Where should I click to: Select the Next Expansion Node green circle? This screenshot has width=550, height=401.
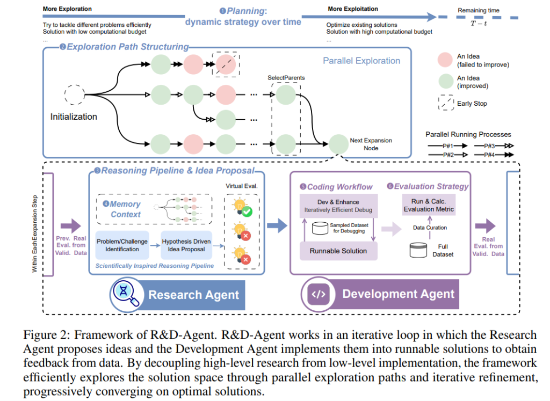(x=338, y=144)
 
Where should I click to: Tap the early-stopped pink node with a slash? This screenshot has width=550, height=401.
(x=226, y=64)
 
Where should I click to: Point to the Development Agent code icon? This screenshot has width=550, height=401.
(x=319, y=294)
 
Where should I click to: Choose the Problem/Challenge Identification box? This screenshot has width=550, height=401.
(x=122, y=245)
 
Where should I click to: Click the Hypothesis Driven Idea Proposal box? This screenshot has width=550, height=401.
(x=186, y=245)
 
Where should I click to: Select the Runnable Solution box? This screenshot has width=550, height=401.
(x=338, y=251)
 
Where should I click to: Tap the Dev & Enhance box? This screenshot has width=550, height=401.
(x=338, y=206)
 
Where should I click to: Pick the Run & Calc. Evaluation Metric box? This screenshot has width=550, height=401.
(x=429, y=205)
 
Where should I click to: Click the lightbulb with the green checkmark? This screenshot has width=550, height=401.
(x=242, y=207)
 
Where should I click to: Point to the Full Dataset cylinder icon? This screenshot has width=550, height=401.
(x=418, y=250)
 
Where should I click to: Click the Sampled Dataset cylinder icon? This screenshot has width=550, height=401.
(x=320, y=228)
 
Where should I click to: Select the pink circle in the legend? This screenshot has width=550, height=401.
(x=445, y=60)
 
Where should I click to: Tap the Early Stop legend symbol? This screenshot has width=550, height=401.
(x=446, y=103)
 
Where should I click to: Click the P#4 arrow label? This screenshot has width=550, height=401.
(x=489, y=155)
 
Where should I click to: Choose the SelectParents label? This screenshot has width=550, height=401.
(x=286, y=77)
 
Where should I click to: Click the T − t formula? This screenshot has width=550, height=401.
(x=479, y=24)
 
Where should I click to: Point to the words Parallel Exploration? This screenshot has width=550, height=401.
(x=361, y=61)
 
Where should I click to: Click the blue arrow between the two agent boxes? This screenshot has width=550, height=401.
(x=277, y=225)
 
